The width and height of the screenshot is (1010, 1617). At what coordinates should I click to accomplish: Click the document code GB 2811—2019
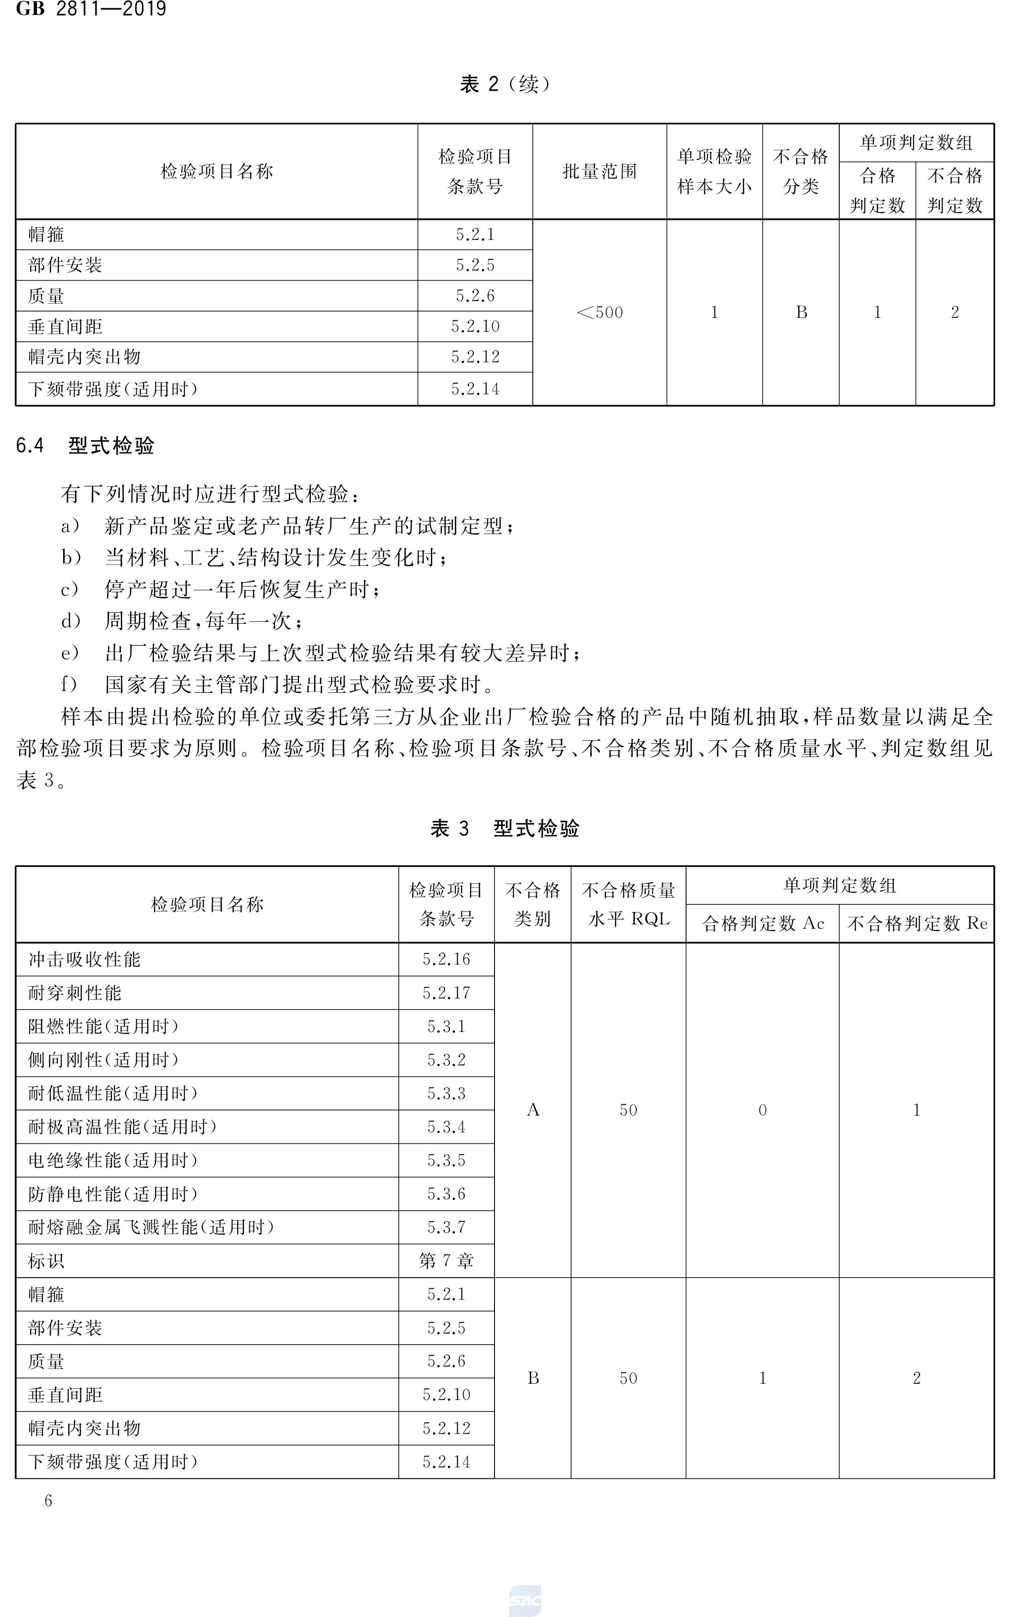tap(91, 10)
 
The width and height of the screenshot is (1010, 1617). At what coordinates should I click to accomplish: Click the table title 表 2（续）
tap(505, 84)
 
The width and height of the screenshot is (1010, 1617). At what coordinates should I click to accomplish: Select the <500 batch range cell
tap(599, 313)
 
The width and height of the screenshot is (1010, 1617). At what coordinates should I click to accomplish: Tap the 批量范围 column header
tap(599, 172)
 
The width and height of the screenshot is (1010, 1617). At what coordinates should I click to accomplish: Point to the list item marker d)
tap(70, 621)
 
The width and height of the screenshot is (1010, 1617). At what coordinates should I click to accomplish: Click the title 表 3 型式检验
tap(505, 828)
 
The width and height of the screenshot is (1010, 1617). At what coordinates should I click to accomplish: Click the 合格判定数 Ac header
tap(762, 923)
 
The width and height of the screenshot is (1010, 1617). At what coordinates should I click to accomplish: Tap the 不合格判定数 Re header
tap(916, 923)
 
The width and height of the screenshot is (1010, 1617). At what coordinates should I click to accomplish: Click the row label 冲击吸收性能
tap(84, 959)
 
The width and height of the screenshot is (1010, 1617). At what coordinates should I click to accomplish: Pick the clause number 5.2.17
tap(446, 993)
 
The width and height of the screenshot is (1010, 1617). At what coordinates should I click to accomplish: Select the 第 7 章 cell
tap(446, 1260)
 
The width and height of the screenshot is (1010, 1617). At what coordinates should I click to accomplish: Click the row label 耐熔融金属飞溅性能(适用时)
tap(151, 1227)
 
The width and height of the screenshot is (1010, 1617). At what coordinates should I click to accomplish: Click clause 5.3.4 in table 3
tap(446, 1127)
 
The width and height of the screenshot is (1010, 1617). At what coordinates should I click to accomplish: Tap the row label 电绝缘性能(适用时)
tap(113, 1161)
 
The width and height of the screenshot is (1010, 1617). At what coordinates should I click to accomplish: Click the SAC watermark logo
tap(525, 1601)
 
